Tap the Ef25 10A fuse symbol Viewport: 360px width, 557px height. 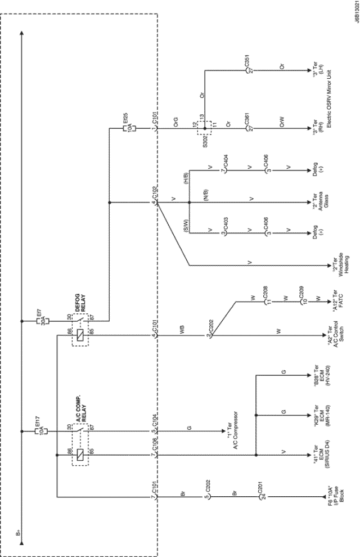point(126,129)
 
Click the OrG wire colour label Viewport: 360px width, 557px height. point(175,125)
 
